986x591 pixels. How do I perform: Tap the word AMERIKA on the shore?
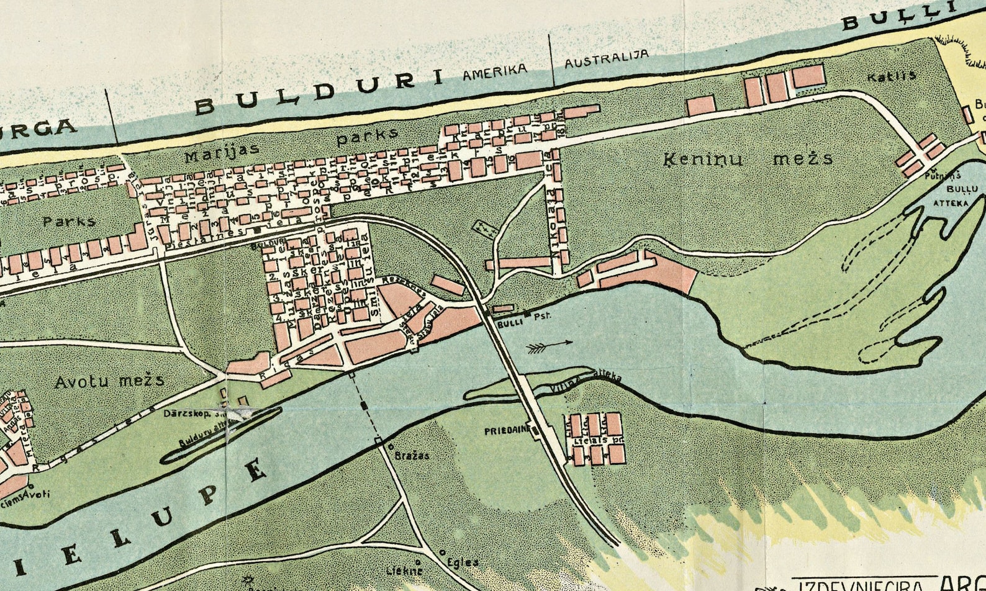click(x=495, y=73)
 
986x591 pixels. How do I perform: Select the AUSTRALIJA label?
click(x=606, y=60)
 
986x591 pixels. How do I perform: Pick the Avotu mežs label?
click(x=110, y=381)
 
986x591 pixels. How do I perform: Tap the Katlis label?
click(x=892, y=76)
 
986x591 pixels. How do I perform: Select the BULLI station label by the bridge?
click(x=509, y=322)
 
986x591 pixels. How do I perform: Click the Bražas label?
click(x=412, y=456)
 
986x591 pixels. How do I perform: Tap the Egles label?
click(x=463, y=562)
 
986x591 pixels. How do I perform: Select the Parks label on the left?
click(x=70, y=221)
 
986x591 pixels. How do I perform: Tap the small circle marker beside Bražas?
click(x=391, y=446)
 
